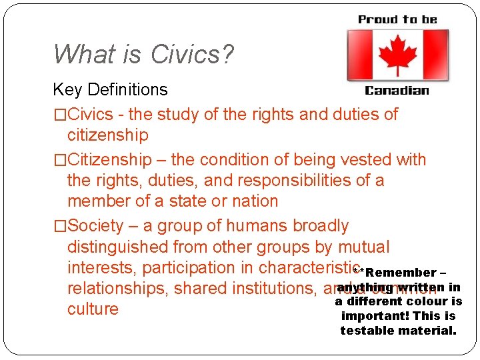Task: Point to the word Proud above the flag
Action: (x=377, y=19)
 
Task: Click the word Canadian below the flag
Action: (x=397, y=90)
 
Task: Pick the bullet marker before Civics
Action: (x=60, y=114)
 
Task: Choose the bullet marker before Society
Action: (x=60, y=226)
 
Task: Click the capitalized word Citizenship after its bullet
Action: (x=110, y=160)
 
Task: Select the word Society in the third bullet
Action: (x=96, y=226)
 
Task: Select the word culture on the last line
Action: (x=93, y=309)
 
